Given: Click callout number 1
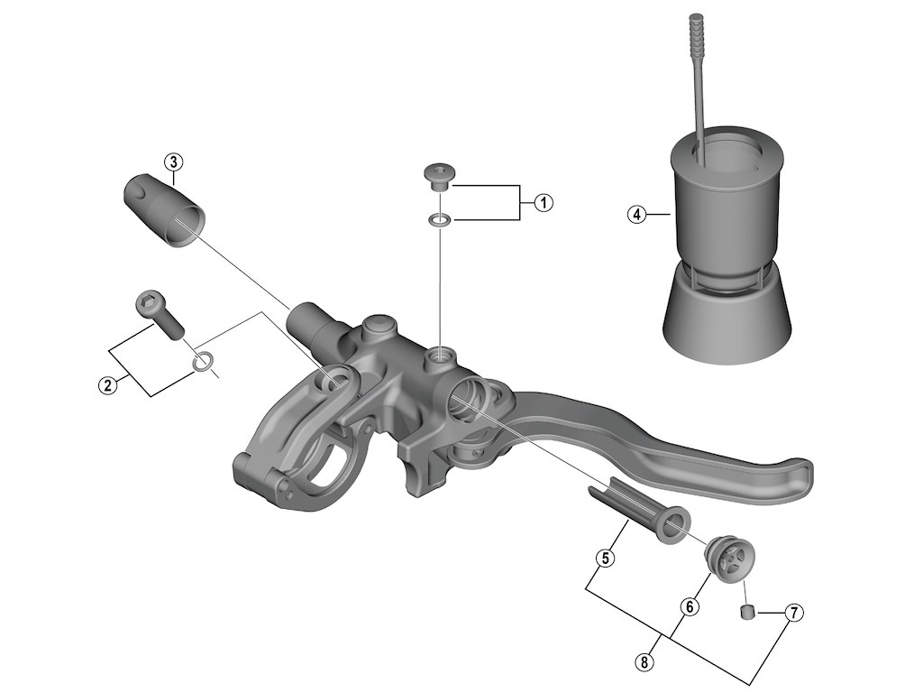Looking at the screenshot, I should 543,202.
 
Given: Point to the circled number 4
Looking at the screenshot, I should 636,215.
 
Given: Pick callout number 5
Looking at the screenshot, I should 606,559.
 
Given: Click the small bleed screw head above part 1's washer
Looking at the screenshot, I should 440,173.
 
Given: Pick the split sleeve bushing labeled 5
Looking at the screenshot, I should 641,513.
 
